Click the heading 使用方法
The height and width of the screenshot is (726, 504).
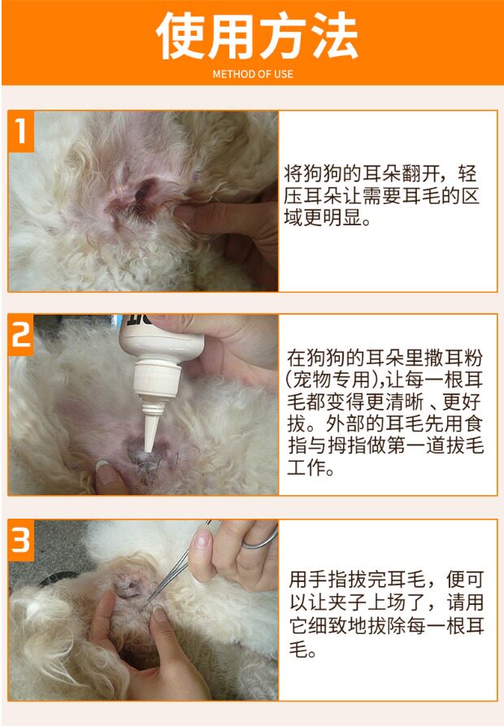[x=257, y=36]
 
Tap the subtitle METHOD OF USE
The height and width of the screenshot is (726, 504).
[x=253, y=74]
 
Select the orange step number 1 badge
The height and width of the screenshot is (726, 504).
[x=21, y=132]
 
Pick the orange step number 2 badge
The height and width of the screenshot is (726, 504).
[x=21, y=335]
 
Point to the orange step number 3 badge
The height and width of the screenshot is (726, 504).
[x=21, y=541]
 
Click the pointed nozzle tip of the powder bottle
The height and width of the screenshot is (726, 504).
[x=148, y=448]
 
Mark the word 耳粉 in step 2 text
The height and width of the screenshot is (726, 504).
[x=463, y=358]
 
